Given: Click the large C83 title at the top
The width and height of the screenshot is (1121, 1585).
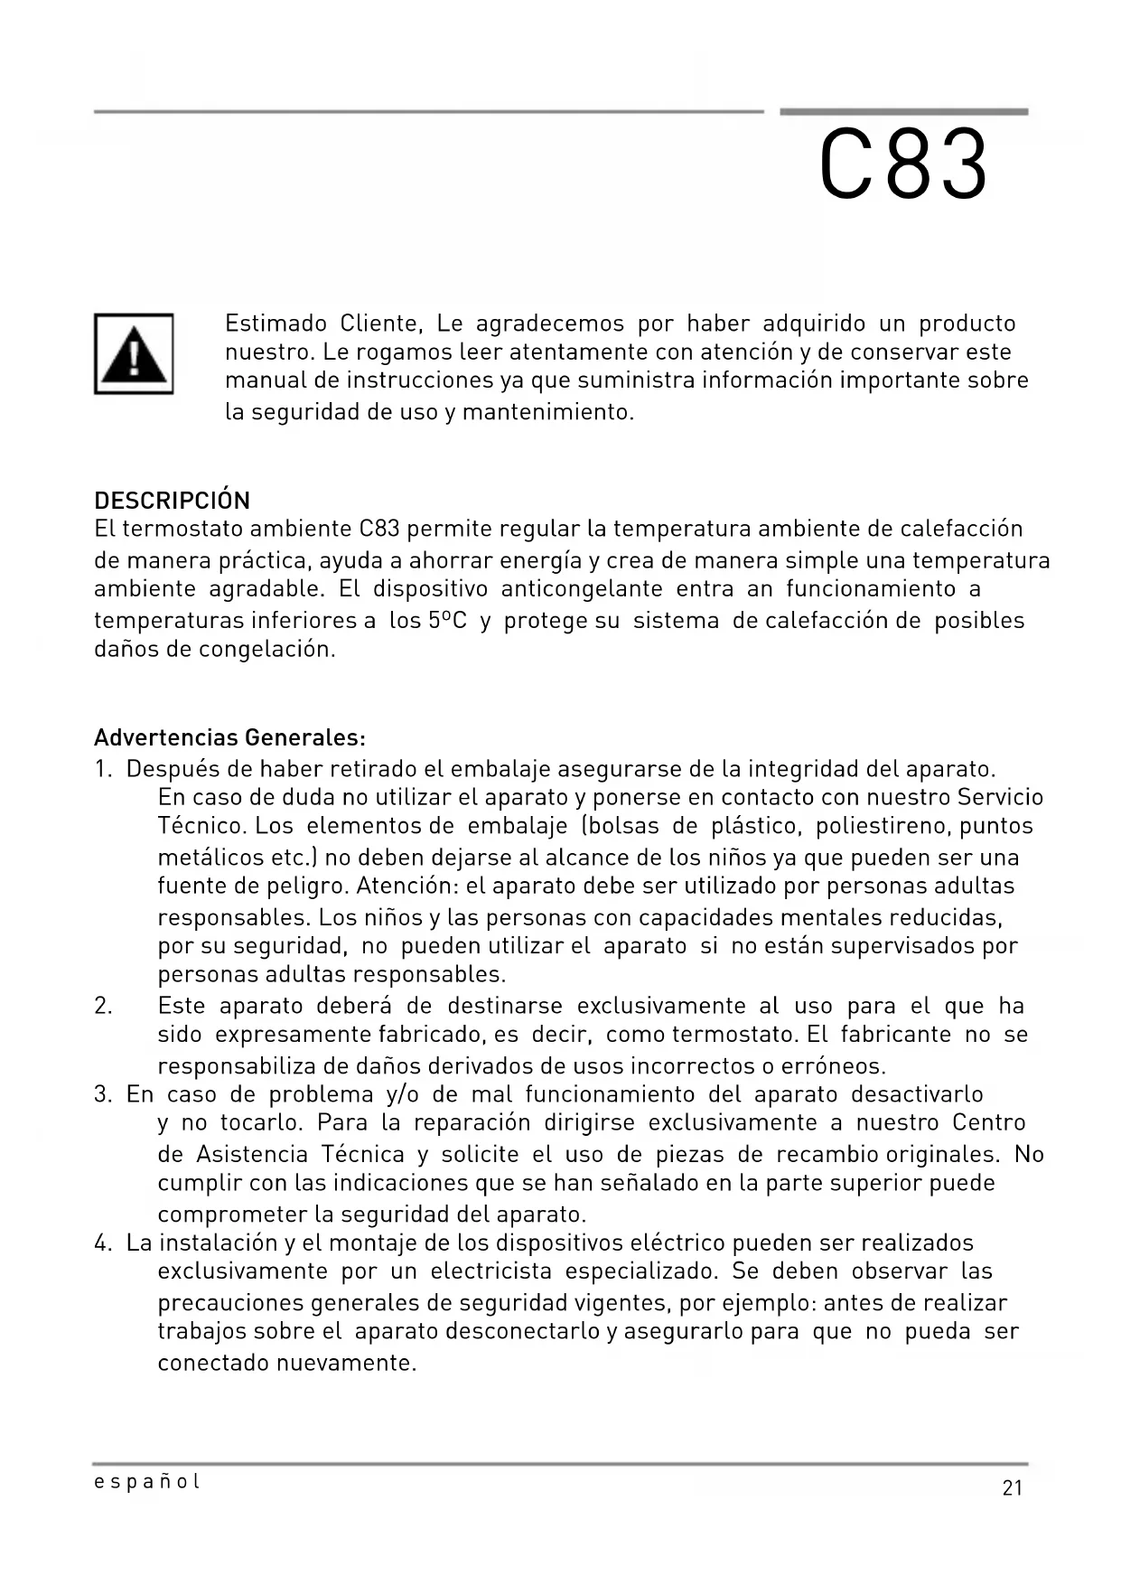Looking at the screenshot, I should (x=903, y=165).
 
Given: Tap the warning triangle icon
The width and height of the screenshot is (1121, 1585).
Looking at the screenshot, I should (x=134, y=353).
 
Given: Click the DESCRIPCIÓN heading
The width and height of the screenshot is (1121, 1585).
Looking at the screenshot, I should (x=172, y=501).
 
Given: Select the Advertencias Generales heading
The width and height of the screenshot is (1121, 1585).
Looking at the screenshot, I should (x=229, y=737).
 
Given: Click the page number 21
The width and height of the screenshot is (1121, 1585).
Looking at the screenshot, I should (x=1012, y=1488).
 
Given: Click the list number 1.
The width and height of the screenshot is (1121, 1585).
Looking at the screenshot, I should (x=102, y=769).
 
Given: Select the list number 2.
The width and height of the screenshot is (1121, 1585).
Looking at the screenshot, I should (x=103, y=1006).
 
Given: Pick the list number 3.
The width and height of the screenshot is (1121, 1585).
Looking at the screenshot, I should (x=102, y=1094).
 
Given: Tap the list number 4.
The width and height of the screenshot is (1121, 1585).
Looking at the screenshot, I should (x=102, y=1243).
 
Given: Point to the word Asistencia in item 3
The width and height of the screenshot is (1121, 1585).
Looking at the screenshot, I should (x=252, y=1154).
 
